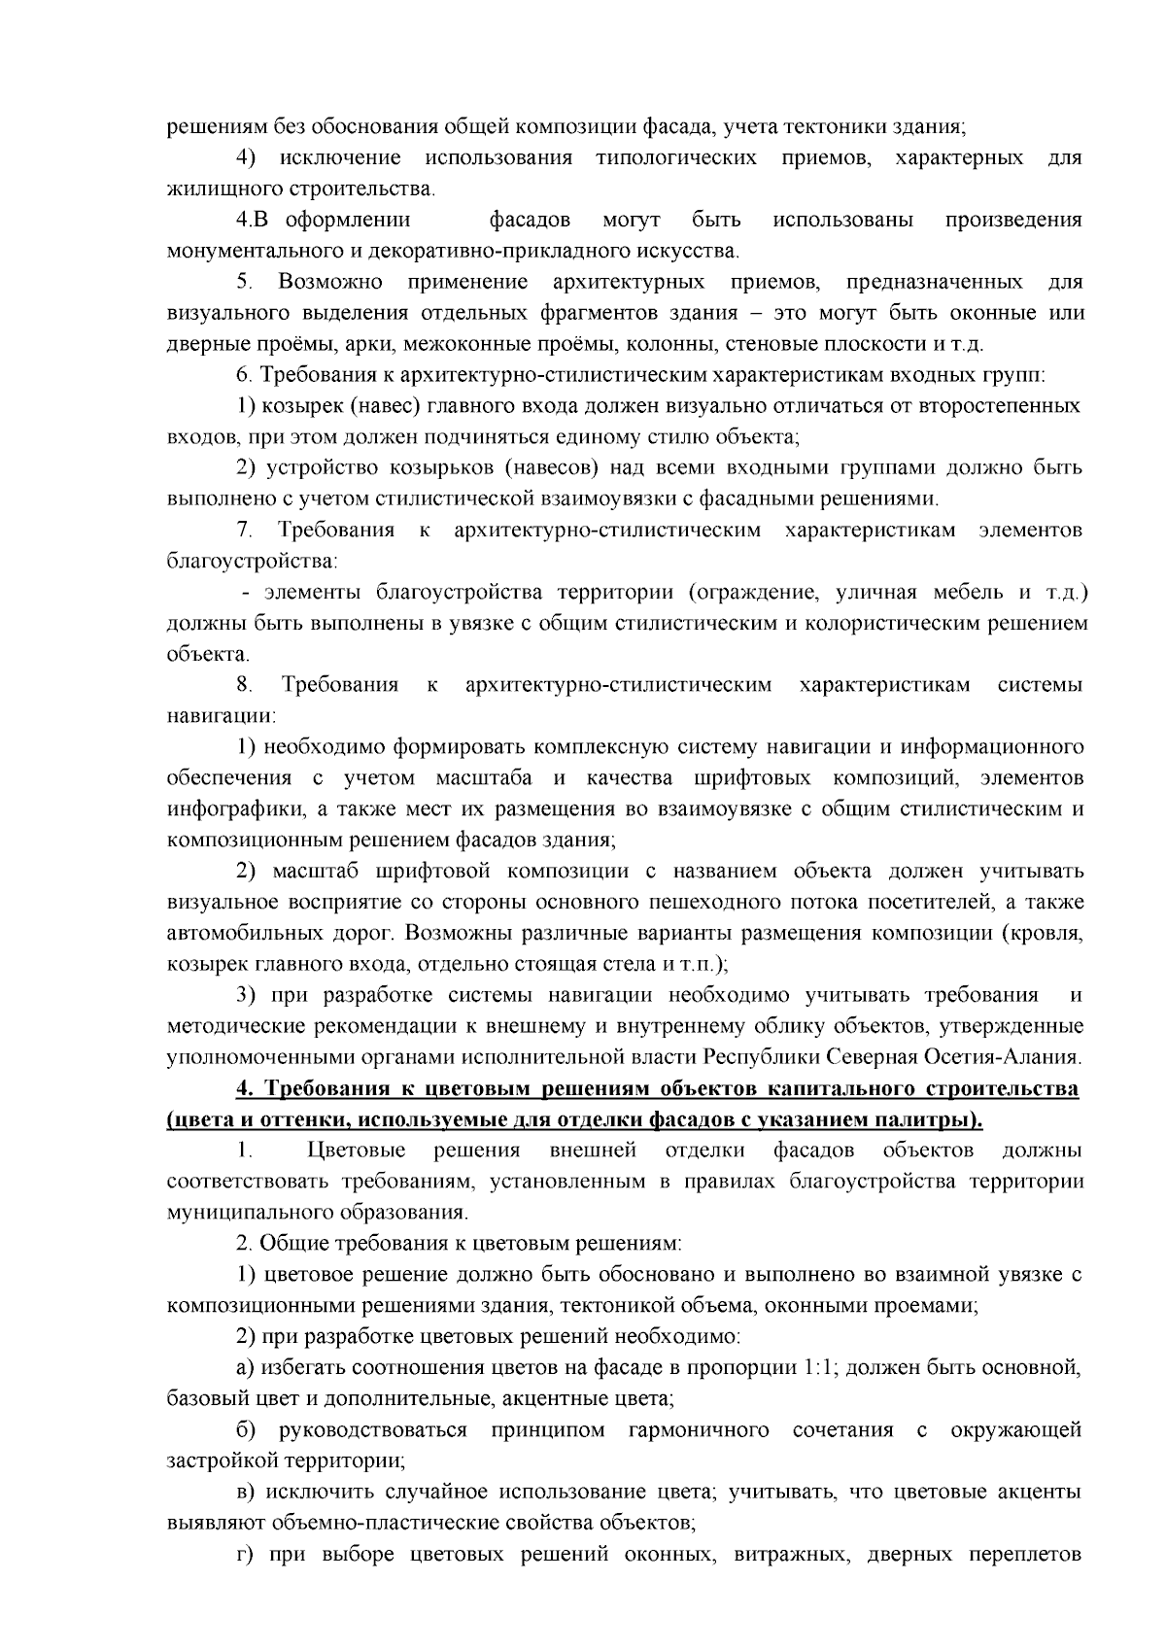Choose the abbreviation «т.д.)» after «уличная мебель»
(1064, 593)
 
